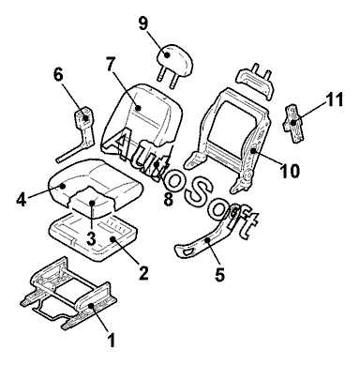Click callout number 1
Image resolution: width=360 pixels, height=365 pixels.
(111, 340)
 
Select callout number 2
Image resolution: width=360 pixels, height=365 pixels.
(143, 272)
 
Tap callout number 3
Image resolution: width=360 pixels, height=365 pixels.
(91, 238)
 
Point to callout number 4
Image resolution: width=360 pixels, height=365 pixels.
(22, 199)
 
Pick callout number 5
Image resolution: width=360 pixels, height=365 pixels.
(219, 274)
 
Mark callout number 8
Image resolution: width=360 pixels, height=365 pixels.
(168, 200)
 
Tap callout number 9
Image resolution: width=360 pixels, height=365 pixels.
(142, 23)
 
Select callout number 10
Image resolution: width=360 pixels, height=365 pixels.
(290, 171)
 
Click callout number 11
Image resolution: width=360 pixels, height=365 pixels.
(334, 99)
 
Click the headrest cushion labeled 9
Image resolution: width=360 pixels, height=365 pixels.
(174, 58)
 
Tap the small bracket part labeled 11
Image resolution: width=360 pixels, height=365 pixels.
(293, 123)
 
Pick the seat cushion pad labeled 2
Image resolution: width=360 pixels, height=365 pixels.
(94, 237)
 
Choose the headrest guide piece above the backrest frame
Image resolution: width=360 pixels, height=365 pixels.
(256, 80)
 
